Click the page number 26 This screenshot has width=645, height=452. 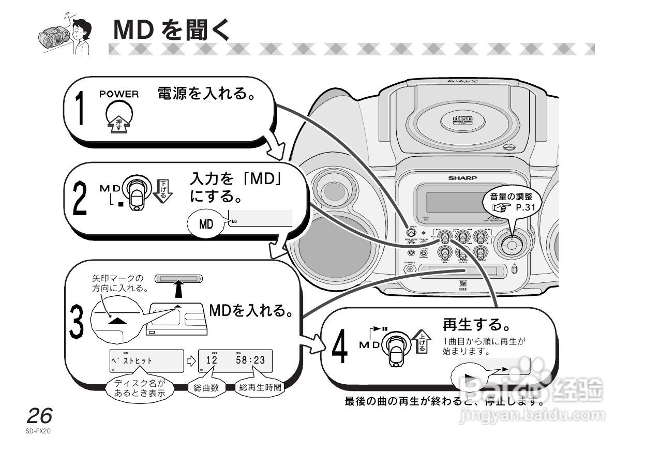(40, 416)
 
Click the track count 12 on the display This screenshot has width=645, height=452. (212, 360)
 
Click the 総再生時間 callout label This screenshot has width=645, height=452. (260, 388)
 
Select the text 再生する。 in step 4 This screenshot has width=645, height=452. (476, 325)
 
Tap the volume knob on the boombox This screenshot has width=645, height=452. (511, 245)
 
